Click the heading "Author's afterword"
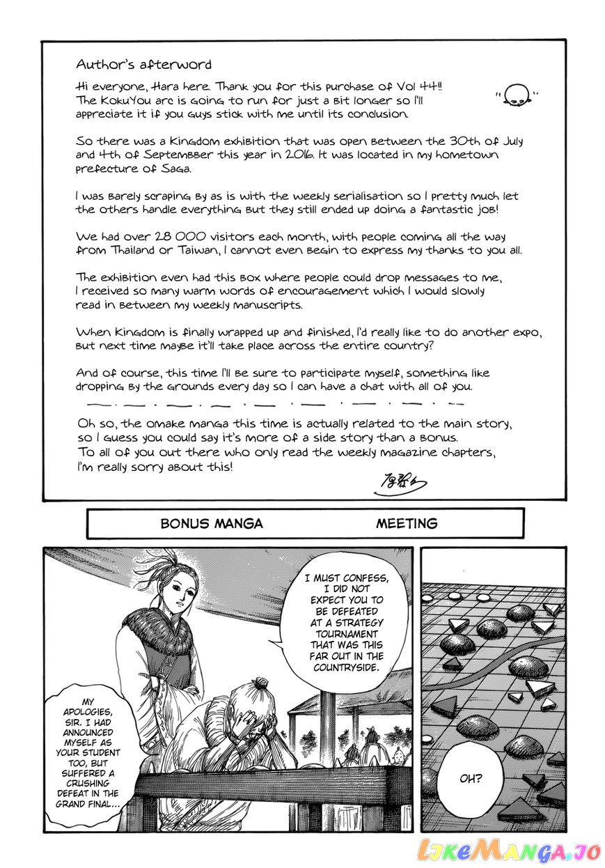pos(143,64)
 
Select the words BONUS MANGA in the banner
pos(212,524)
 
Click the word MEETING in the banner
pos(407,524)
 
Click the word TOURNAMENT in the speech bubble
pos(346,635)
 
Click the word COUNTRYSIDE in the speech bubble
pos(346,667)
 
